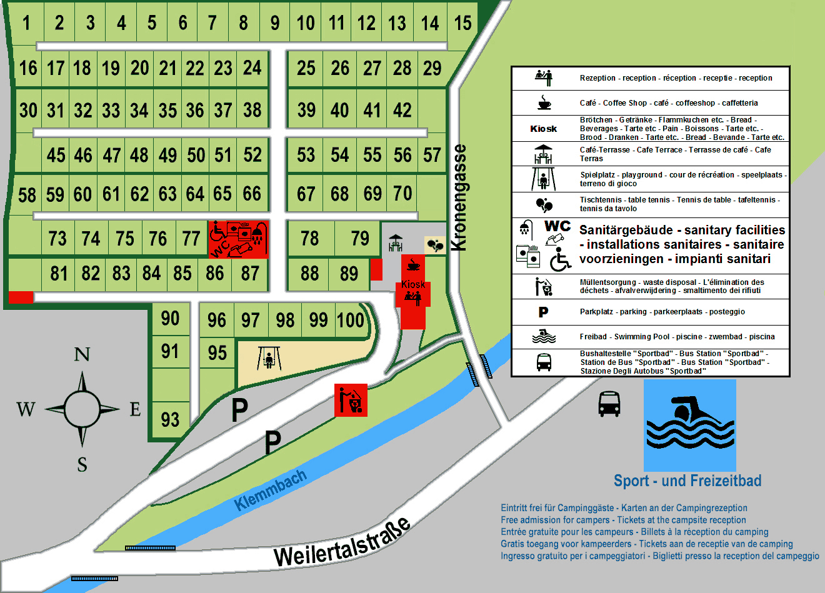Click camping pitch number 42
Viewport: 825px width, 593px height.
402,111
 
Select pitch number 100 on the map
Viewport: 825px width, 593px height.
350,320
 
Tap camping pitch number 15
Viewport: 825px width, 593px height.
462,24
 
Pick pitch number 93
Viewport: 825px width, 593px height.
170,419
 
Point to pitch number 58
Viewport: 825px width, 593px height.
27,195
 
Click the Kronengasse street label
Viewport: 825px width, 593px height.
459,197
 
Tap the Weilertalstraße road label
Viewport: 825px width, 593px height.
342,542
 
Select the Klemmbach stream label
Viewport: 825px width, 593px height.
271,490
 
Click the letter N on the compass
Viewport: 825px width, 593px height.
82,355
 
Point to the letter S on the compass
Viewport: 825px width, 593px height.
82,464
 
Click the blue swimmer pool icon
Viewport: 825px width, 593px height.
689,425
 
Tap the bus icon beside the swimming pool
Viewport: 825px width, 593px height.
609,404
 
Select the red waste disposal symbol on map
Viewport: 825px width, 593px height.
351,400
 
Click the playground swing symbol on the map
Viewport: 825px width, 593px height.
269,358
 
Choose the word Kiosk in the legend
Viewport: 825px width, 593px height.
543,129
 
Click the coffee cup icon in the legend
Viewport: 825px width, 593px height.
544,102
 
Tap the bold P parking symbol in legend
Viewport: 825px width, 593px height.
543,312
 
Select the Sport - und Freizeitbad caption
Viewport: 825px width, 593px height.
687,481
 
